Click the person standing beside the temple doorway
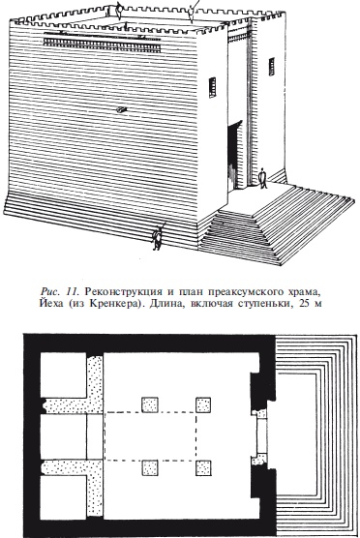click(x=262, y=178)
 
